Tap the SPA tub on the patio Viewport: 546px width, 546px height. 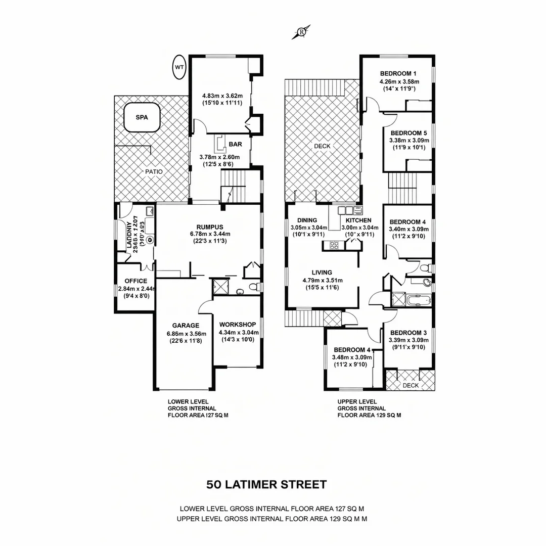(142, 117)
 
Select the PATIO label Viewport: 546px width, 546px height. (154, 172)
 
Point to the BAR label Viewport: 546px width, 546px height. (235, 144)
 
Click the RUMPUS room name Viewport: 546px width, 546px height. (210, 226)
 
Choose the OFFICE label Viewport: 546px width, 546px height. (135, 281)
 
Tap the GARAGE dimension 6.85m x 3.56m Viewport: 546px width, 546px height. (186, 334)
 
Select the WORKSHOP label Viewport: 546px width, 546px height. (238, 325)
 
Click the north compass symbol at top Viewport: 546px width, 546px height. (301, 32)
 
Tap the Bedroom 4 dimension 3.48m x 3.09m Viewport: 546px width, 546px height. (352, 357)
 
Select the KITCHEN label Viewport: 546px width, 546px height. (358, 220)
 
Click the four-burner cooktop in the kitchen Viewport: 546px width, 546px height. (334, 245)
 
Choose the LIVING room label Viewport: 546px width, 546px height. (323, 272)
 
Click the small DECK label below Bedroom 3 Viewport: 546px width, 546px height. (410, 385)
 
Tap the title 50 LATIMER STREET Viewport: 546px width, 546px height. (266, 484)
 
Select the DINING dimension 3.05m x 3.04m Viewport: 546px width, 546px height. (308, 227)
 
